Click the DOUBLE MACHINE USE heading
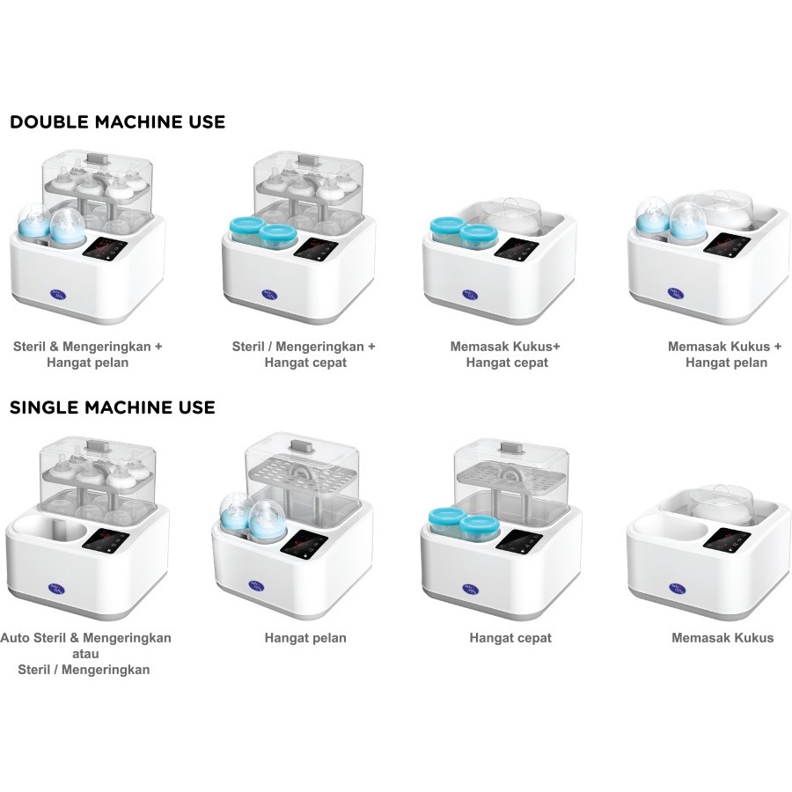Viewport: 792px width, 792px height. pyautogui.click(x=117, y=121)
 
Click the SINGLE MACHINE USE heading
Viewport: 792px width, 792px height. pyautogui.click(x=112, y=407)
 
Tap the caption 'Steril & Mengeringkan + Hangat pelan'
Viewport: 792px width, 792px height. pyautogui.click(x=87, y=354)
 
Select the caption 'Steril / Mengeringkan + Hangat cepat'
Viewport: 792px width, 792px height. pyautogui.click(x=304, y=354)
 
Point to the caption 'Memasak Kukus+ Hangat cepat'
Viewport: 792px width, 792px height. pyautogui.click(x=506, y=354)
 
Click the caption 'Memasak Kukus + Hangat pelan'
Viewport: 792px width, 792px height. pyautogui.click(x=725, y=354)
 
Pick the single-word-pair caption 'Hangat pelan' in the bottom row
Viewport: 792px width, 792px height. pyautogui.click(x=305, y=638)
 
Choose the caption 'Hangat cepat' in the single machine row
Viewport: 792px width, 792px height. pyautogui.click(x=510, y=638)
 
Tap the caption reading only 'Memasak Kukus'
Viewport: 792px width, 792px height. pyautogui.click(x=722, y=638)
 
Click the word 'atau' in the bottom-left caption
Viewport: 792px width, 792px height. pyautogui.click(x=85, y=654)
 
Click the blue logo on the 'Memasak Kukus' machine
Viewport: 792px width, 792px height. pyautogui.click(x=678, y=589)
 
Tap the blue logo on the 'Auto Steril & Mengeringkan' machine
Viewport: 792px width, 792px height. pyautogui.click(x=56, y=589)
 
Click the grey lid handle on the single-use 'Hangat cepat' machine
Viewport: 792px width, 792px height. pyautogui.click(x=510, y=447)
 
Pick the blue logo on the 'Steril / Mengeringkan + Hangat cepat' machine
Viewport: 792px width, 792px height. pyautogui.click(x=268, y=295)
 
